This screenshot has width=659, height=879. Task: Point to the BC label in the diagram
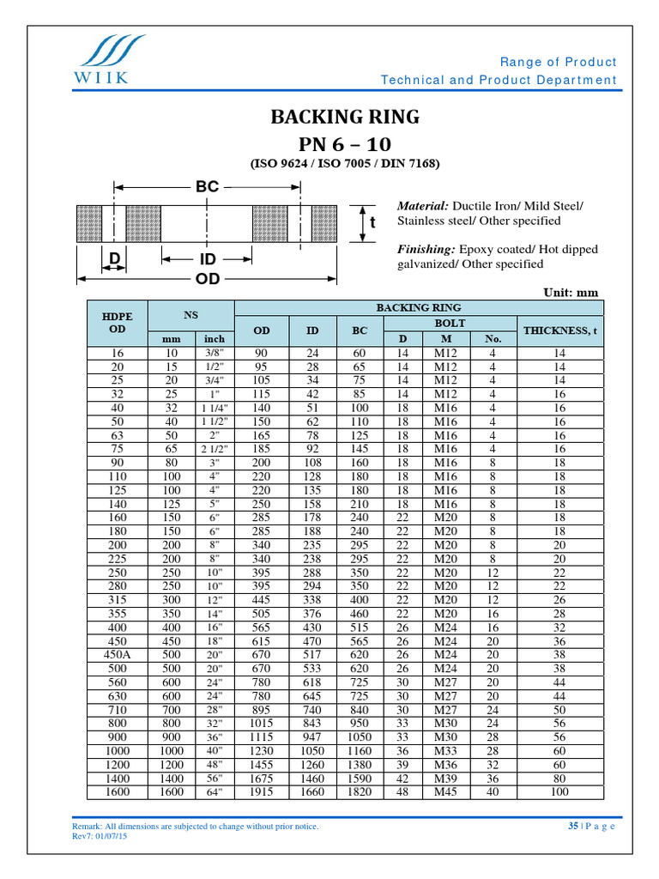208,185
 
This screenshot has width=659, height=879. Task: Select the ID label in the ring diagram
208,258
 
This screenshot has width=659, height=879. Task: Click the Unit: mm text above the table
570,292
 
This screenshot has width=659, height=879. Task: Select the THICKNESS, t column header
560,330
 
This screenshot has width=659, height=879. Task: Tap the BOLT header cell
451,323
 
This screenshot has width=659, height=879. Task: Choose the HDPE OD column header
118,323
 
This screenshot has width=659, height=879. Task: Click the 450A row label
118,653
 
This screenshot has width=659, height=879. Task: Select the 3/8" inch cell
214,353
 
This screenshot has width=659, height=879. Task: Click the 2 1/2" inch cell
214,449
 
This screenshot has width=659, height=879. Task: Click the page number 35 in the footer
572,826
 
